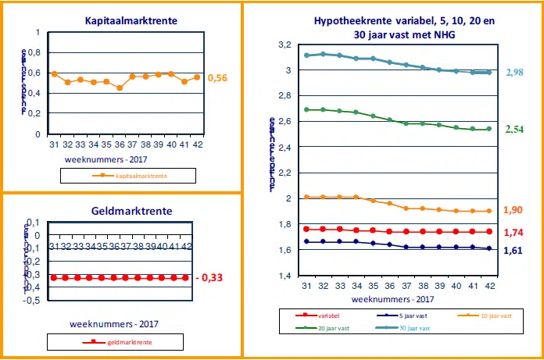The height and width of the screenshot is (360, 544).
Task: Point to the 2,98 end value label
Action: click(x=517, y=72)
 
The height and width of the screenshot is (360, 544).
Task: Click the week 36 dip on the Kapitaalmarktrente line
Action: click(x=119, y=88)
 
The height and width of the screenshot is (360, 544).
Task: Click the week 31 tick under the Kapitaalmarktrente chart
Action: click(x=54, y=144)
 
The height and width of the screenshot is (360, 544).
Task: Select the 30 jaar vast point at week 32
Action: click(x=323, y=54)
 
